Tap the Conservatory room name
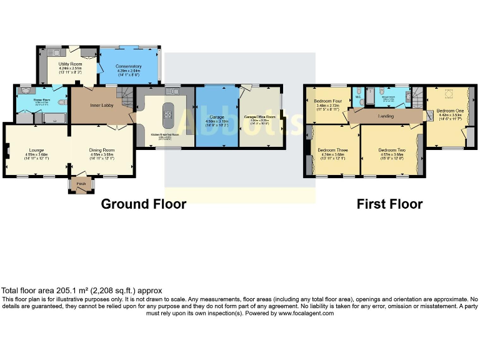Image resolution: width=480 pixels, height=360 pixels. [x=129, y=66]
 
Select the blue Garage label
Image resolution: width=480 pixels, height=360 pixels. [x=217, y=116]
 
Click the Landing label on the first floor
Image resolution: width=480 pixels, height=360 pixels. [x=386, y=116]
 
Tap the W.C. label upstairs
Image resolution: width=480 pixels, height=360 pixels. [x=358, y=97]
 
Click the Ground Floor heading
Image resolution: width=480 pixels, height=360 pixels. [x=143, y=204]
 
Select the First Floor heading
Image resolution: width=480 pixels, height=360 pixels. [x=389, y=204]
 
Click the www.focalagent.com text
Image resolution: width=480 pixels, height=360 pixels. [x=306, y=313]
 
